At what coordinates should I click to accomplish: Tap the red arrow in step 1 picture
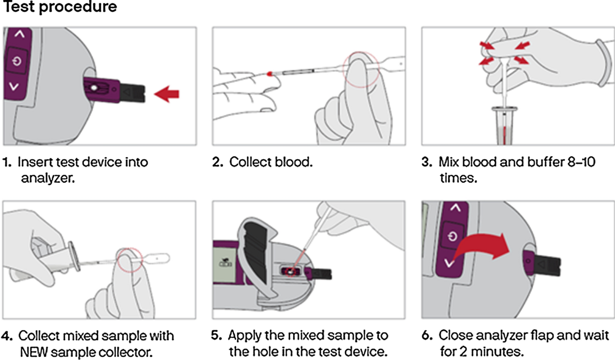(168, 93)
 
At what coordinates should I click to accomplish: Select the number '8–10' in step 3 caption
(589, 162)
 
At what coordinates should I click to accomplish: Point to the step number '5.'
(217, 336)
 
